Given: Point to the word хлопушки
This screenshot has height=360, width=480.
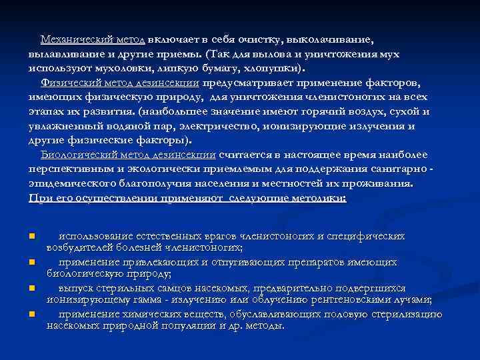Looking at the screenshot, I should tap(273, 68).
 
